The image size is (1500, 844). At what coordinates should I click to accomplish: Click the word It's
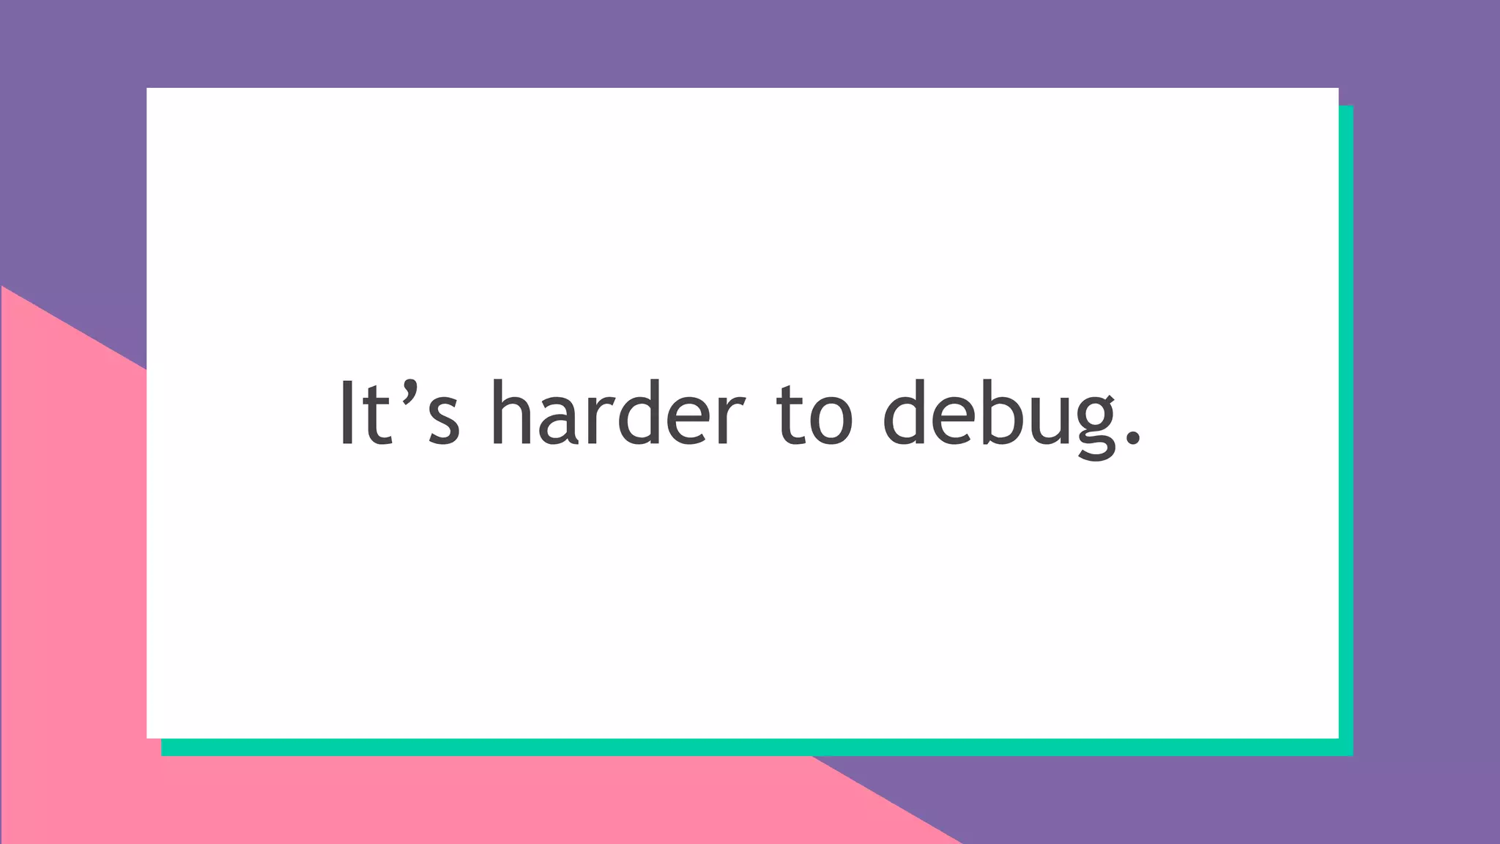(399, 413)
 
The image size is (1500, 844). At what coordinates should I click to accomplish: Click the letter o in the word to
(831, 421)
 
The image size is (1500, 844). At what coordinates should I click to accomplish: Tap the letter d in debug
(905, 413)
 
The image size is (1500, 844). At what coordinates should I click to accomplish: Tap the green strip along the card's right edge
(1346, 425)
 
